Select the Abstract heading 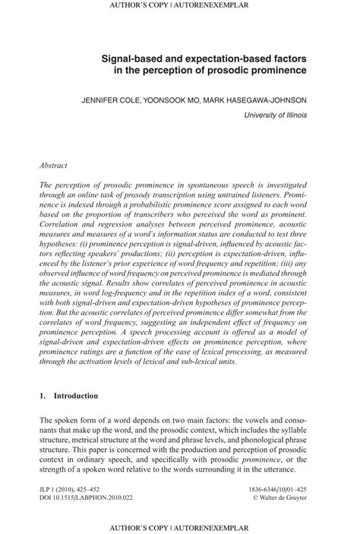pos(53,164)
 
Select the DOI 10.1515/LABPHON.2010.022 pos(90,501)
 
